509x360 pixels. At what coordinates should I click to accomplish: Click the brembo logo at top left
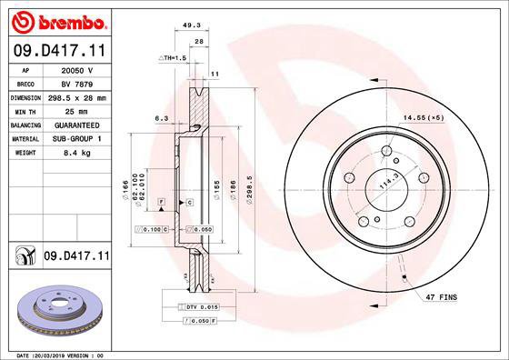click(x=57, y=20)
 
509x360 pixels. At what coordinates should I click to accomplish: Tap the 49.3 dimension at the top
click(x=192, y=25)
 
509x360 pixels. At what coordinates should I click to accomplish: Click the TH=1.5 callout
click(x=173, y=57)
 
